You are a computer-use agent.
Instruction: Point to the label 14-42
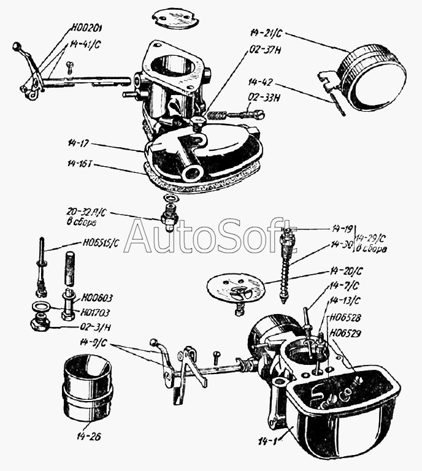coord(263,80)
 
